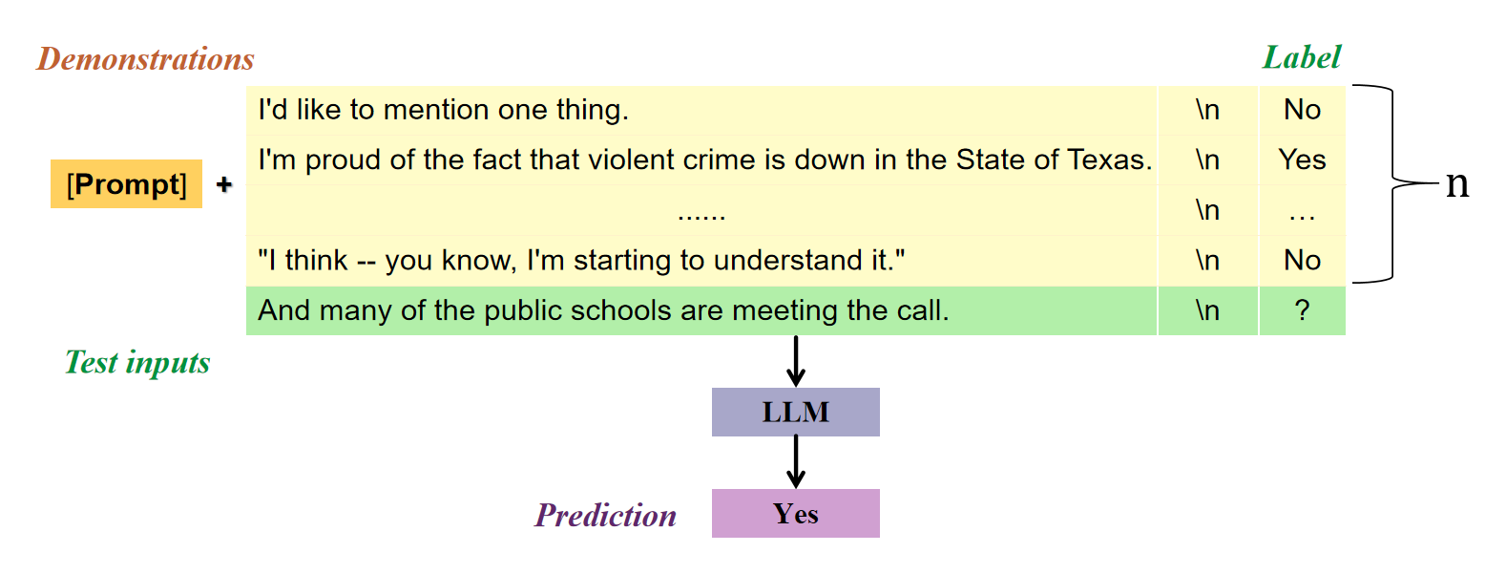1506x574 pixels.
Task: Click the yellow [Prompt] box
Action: click(x=126, y=183)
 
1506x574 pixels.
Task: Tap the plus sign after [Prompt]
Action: click(x=224, y=184)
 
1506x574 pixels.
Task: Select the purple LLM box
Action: click(x=795, y=412)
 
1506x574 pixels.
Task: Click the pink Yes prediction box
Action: click(x=795, y=514)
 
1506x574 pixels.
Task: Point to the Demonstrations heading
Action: click(x=145, y=59)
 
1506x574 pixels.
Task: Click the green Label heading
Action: click(x=1301, y=57)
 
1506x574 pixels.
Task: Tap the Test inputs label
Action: click(x=137, y=363)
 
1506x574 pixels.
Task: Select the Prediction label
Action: click(x=605, y=516)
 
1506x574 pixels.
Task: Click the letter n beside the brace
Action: click(x=1456, y=182)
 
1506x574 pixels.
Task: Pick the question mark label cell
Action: click(x=1302, y=310)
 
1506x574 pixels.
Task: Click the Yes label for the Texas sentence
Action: click(x=1302, y=159)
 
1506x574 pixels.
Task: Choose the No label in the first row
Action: click(x=1302, y=110)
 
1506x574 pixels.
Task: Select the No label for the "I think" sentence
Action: click(x=1302, y=260)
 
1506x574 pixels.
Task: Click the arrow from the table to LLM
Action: click(x=796, y=361)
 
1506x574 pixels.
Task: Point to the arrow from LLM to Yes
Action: click(x=796, y=462)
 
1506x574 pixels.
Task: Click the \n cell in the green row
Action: click(x=1207, y=310)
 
